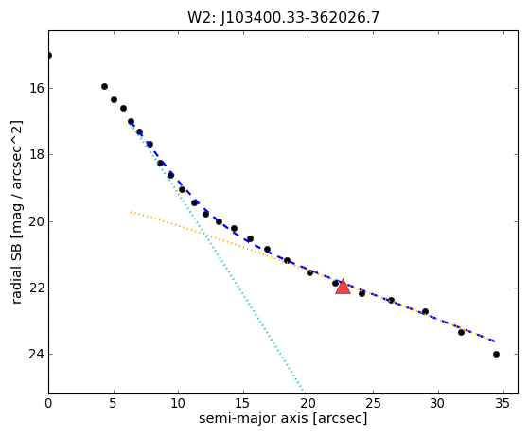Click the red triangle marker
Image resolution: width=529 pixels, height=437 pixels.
click(343, 287)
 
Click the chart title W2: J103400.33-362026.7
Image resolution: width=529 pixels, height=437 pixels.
click(283, 18)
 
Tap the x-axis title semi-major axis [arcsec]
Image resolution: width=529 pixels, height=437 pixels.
click(283, 418)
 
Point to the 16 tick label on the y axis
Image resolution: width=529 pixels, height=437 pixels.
click(37, 88)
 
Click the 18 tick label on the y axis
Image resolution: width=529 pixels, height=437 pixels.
click(37, 155)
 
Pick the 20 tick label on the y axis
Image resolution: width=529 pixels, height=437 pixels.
click(37, 221)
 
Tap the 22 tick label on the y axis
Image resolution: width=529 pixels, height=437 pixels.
click(37, 288)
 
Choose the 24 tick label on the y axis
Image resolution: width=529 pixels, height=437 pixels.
click(37, 355)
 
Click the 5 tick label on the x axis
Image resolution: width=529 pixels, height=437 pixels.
click(114, 403)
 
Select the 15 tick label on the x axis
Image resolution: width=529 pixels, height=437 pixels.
click(243, 403)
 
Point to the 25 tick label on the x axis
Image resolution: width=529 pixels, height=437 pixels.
click(373, 403)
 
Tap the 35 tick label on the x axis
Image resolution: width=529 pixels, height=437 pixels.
click(503, 403)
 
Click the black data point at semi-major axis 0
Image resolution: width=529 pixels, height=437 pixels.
click(49, 55)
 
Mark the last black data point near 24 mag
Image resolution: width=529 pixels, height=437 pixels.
click(496, 354)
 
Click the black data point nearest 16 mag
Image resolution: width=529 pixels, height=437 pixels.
click(105, 87)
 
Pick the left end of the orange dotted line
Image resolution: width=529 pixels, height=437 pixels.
click(131, 212)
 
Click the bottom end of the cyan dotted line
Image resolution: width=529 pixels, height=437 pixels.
click(306, 393)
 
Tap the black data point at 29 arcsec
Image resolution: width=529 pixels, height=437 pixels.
click(425, 311)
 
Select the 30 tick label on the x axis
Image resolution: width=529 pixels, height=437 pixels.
click(438, 403)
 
